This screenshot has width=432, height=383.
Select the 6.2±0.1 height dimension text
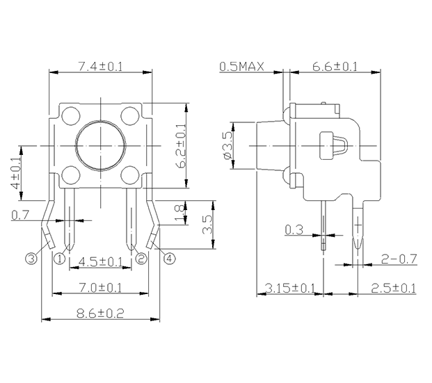point(180,145)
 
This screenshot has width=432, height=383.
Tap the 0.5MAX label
point(242,66)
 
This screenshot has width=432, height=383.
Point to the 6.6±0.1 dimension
point(335,66)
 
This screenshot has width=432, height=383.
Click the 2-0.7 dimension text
point(399,259)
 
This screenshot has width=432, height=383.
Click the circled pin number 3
point(31,259)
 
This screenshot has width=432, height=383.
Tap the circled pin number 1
point(60,259)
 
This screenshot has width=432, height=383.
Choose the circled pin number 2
point(141,259)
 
